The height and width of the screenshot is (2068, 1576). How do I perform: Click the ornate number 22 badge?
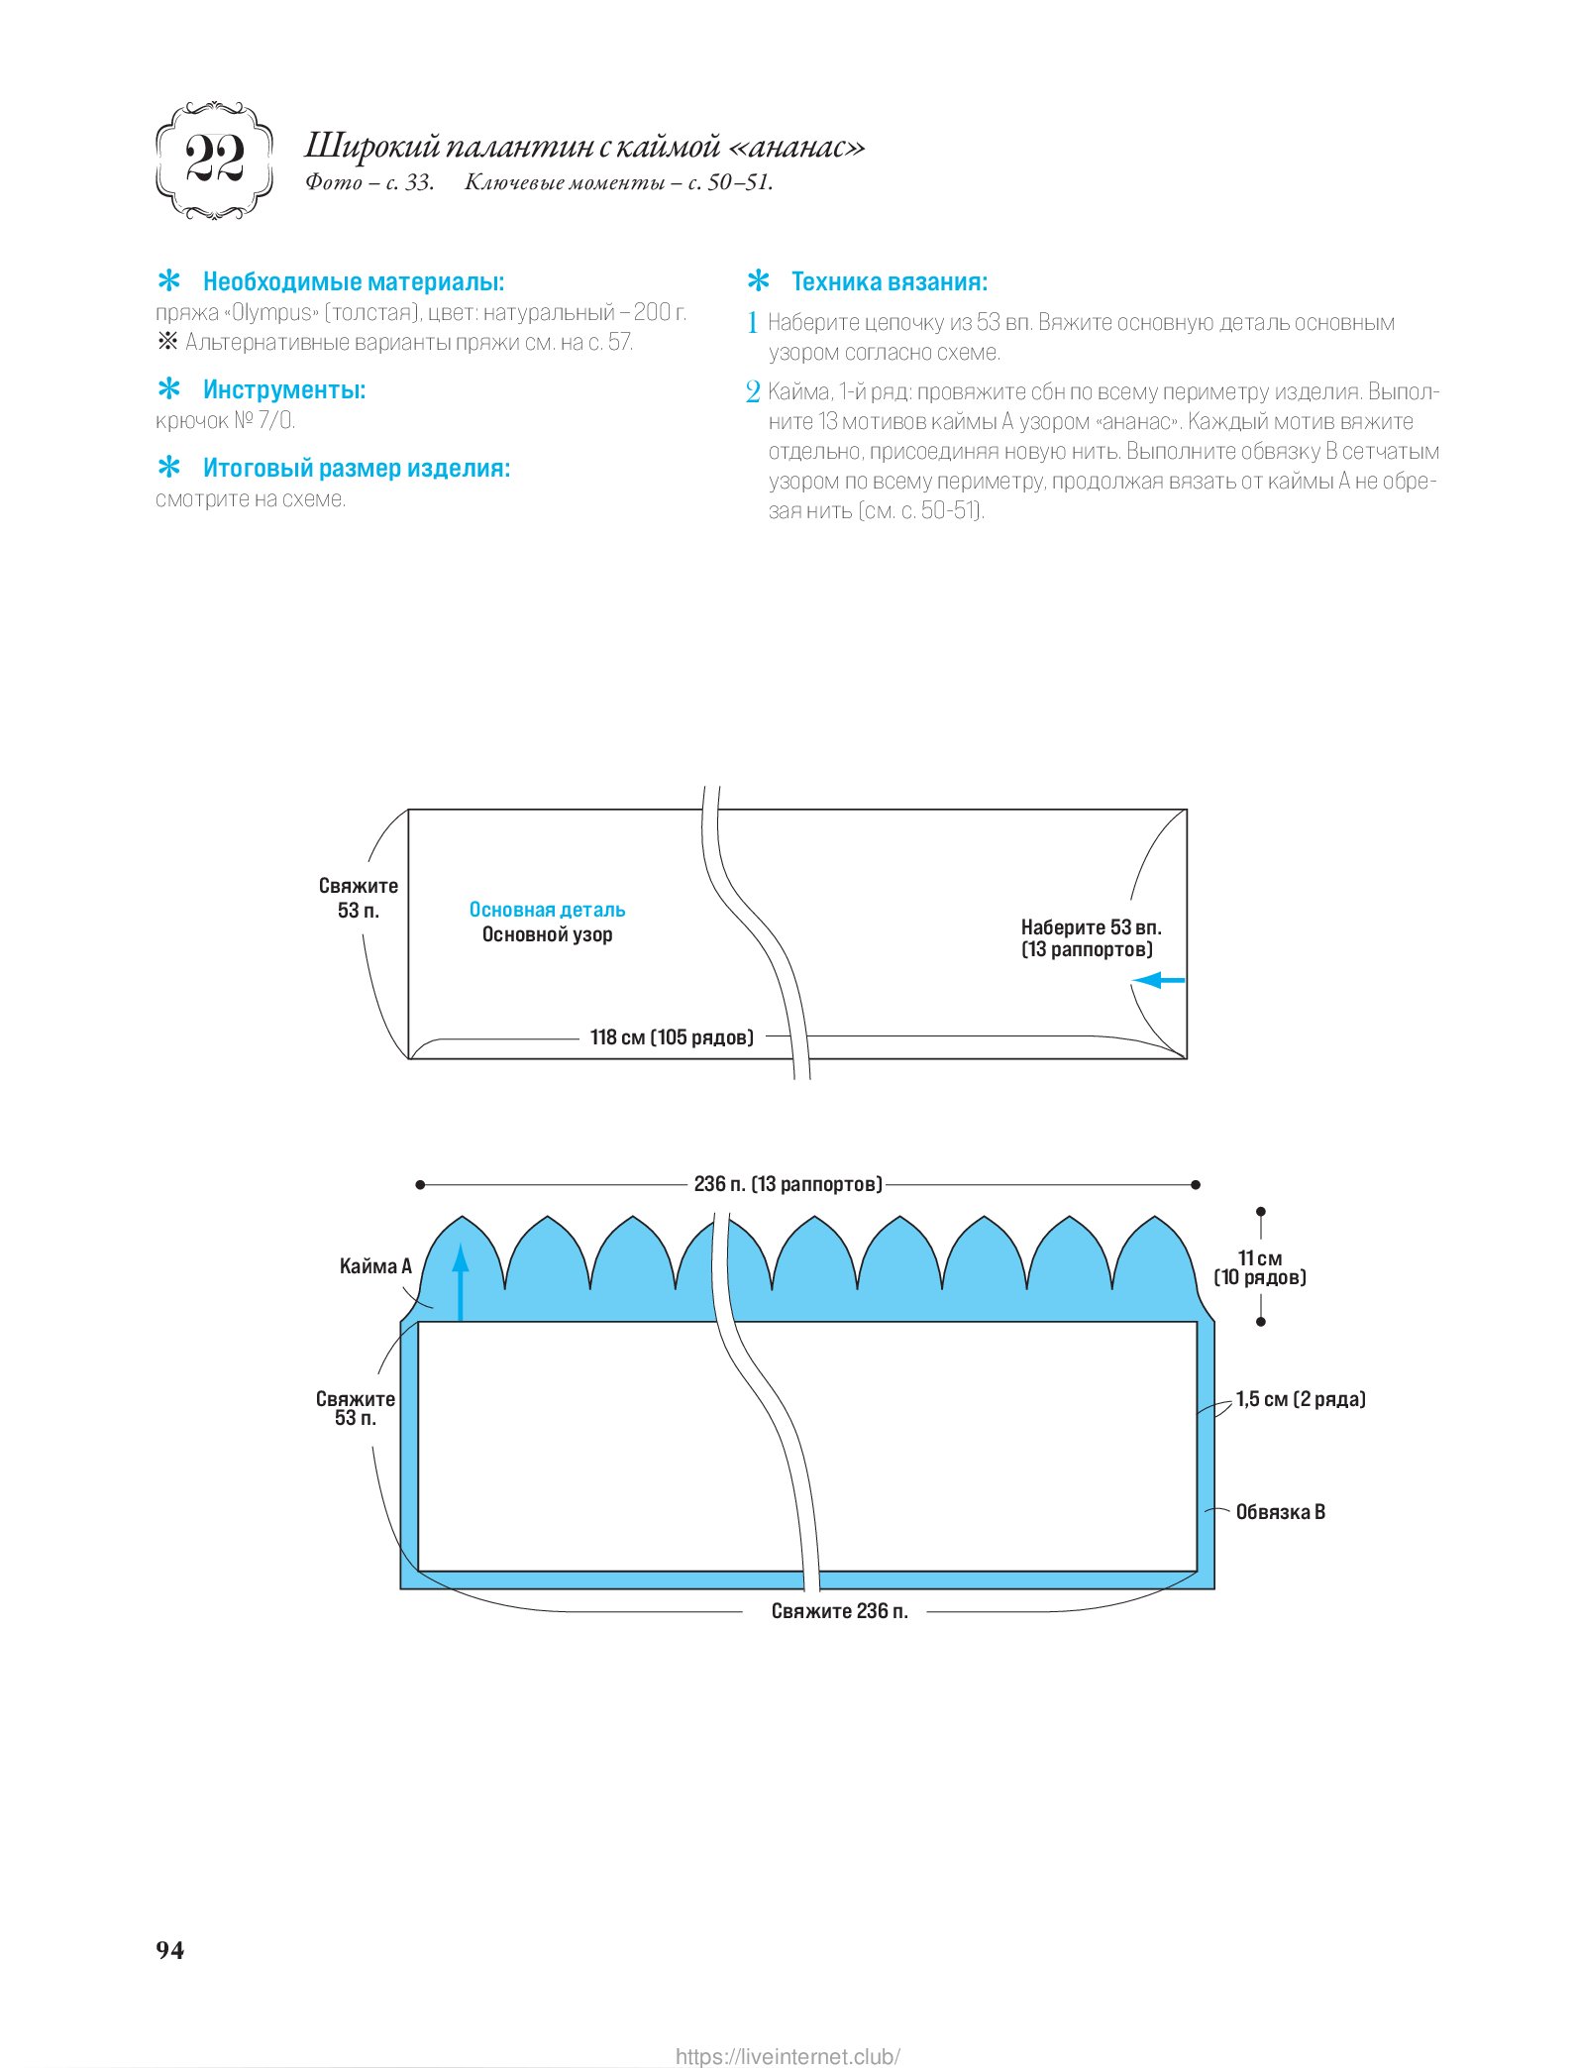coord(214,160)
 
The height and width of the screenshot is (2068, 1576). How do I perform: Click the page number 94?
coord(169,1949)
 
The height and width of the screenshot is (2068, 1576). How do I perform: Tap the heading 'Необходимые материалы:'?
coord(353,282)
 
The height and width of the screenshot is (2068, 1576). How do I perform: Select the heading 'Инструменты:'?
coord(283,389)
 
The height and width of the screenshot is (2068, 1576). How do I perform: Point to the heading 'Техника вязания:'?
coord(889,282)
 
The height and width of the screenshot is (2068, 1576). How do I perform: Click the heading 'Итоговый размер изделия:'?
coord(356,468)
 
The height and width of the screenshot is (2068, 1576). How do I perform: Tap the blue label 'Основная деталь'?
coord(547,910)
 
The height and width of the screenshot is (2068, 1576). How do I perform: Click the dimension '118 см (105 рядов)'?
coord(672,1037)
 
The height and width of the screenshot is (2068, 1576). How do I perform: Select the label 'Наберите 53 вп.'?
coord(1091,927)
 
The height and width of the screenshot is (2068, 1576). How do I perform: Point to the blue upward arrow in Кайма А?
coord(461,1281)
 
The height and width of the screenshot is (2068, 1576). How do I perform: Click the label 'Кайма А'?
coord(374,1266)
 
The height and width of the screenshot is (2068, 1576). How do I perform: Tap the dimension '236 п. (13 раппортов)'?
coord(788,1184)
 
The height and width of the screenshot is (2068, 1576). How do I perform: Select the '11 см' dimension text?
coord(1260,1258)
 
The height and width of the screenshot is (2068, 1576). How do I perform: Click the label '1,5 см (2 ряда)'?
coord(1301,1399)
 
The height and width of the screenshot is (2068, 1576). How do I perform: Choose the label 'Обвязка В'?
coord(1280,1512)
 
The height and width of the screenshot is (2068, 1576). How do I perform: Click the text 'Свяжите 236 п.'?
coord(839,1611)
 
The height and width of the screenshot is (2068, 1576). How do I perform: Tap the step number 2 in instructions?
coord(753,392)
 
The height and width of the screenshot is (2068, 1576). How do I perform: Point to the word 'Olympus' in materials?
coord(271,313)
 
